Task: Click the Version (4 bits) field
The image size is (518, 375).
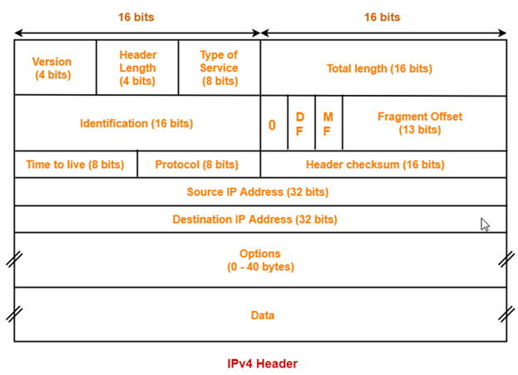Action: coord(52,67)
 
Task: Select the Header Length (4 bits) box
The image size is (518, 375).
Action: coord(137,67)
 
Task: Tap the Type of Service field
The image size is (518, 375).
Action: coord(219,67)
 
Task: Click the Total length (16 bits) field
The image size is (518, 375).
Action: coord(382,68)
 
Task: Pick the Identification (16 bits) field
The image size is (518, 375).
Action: coord(136,123)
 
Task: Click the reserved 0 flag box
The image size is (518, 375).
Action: coord(273,125)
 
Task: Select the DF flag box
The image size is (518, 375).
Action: coord(300,124)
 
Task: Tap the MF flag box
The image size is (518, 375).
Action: coord(328,124)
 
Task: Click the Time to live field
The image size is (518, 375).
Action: coord(75,165)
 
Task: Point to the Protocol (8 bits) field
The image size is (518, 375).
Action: coord(197,165)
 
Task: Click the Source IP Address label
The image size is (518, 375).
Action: coord(258,192)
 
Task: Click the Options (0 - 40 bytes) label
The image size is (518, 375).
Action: coord(260,260)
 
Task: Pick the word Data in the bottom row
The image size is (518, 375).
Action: coord(263,315)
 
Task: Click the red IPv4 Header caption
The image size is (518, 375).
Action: coord(262,363)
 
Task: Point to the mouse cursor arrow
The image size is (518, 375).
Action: coord(485,224)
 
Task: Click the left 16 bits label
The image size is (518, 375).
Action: coord(136,17)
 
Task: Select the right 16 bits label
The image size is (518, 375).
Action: coord(382,17)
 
